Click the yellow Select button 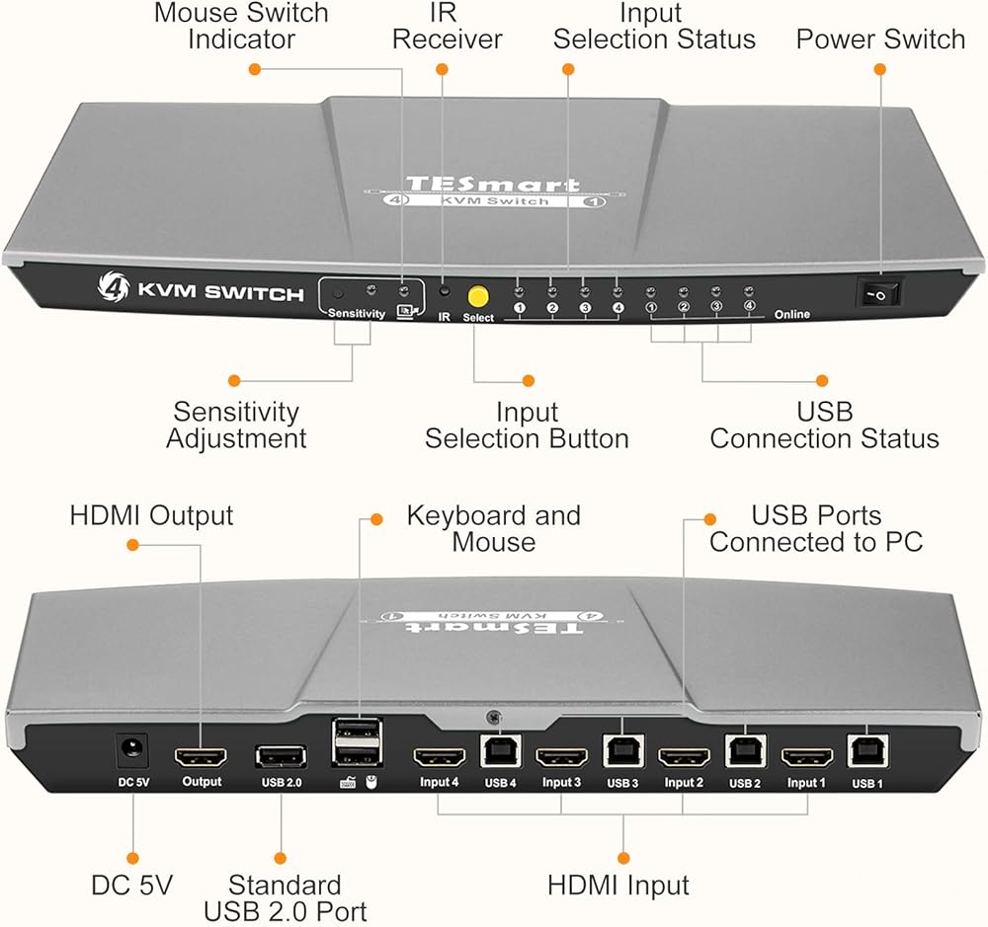click(479, 295)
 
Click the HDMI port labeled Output click(201, 758)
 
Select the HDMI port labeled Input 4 click(439, 759)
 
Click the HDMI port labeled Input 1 click(806, 759)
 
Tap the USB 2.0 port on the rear click(281, 757)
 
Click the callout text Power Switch click(880, 39)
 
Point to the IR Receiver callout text click(448, 27)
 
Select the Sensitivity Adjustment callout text click(236, 425)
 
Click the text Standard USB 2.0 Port click(285, 897)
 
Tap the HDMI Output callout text click(151, 515)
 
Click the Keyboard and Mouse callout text click(494, 528)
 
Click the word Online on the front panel click(791, 315)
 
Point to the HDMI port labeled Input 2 click(684, 759)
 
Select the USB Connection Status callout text click(824, 425)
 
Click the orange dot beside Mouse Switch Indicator click(255, 69)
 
